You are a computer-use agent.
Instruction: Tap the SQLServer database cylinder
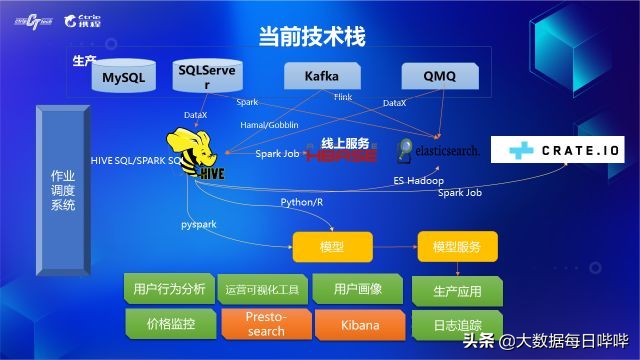click(206, 78)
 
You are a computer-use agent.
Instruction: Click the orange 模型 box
click(331, 246)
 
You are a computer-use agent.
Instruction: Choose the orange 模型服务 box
click(456, 246)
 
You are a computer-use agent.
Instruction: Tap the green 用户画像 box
click(358, 290)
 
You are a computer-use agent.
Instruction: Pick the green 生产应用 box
click(458, 292)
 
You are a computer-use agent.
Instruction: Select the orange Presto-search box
click(265, 324)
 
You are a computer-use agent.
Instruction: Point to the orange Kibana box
click(358, 324)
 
